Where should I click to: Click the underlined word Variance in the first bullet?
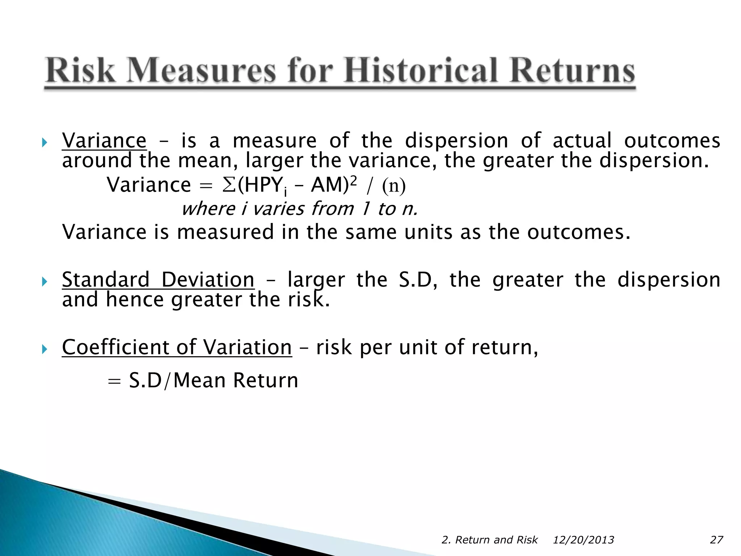coord(104,140)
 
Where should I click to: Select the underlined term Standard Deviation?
coord(158,279)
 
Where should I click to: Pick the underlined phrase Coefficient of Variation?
coord(177,347)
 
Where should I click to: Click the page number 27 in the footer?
coord(716,540)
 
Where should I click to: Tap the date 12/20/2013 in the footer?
coord(583,540)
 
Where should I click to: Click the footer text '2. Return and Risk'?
coord(490,540)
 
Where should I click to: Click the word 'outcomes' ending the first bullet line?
coord(672,140)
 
